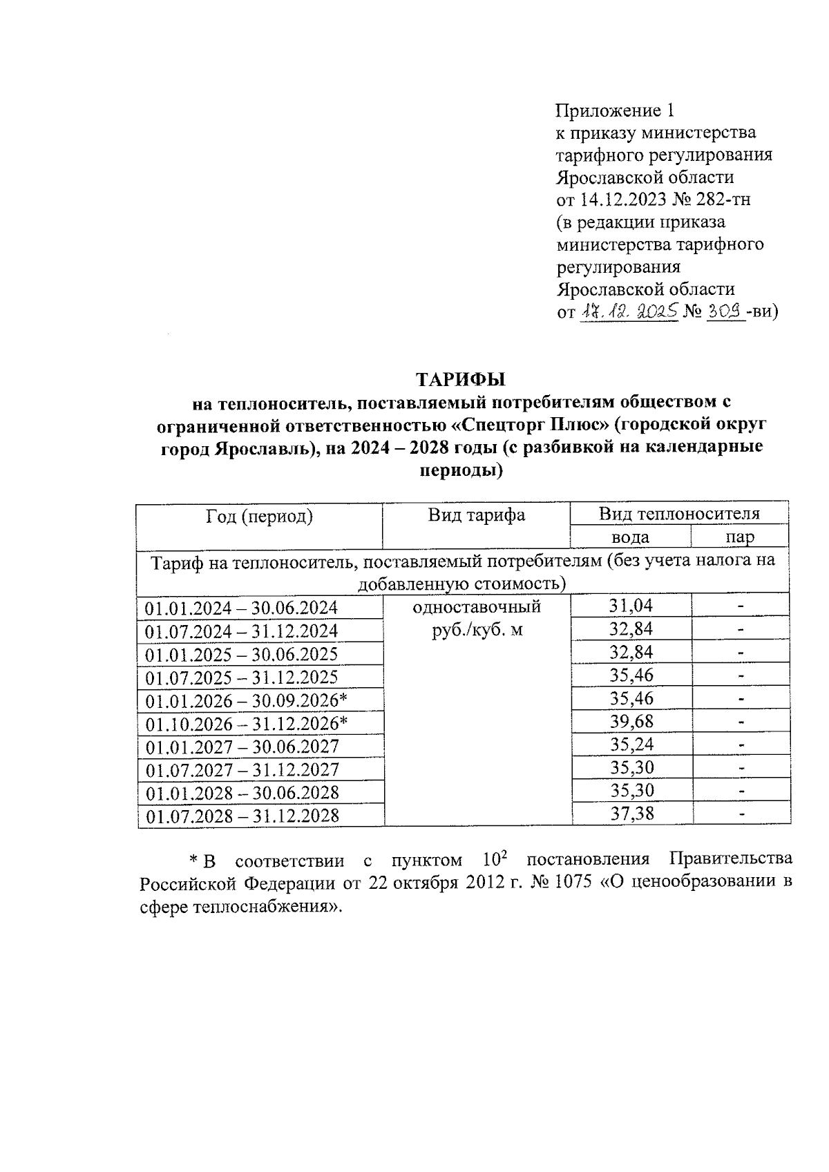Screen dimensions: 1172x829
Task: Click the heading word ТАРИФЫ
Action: [461, 379]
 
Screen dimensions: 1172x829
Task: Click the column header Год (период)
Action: [259, 516]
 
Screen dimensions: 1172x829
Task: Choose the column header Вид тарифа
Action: [476, 515]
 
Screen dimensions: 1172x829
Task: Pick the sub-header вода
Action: [630, 537]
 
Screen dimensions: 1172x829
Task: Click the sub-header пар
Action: [739, 537]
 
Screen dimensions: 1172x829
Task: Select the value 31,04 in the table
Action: [630, 606]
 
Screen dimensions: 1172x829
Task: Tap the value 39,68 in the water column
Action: [631, 721]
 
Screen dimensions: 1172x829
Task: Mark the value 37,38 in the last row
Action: [631, 814]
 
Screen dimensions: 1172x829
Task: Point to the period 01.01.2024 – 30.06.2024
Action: [242, 608]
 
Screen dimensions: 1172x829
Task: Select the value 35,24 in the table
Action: [631, 744]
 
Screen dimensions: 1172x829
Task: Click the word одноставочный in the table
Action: [476, 607]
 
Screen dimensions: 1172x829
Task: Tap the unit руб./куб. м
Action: [477, 630]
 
